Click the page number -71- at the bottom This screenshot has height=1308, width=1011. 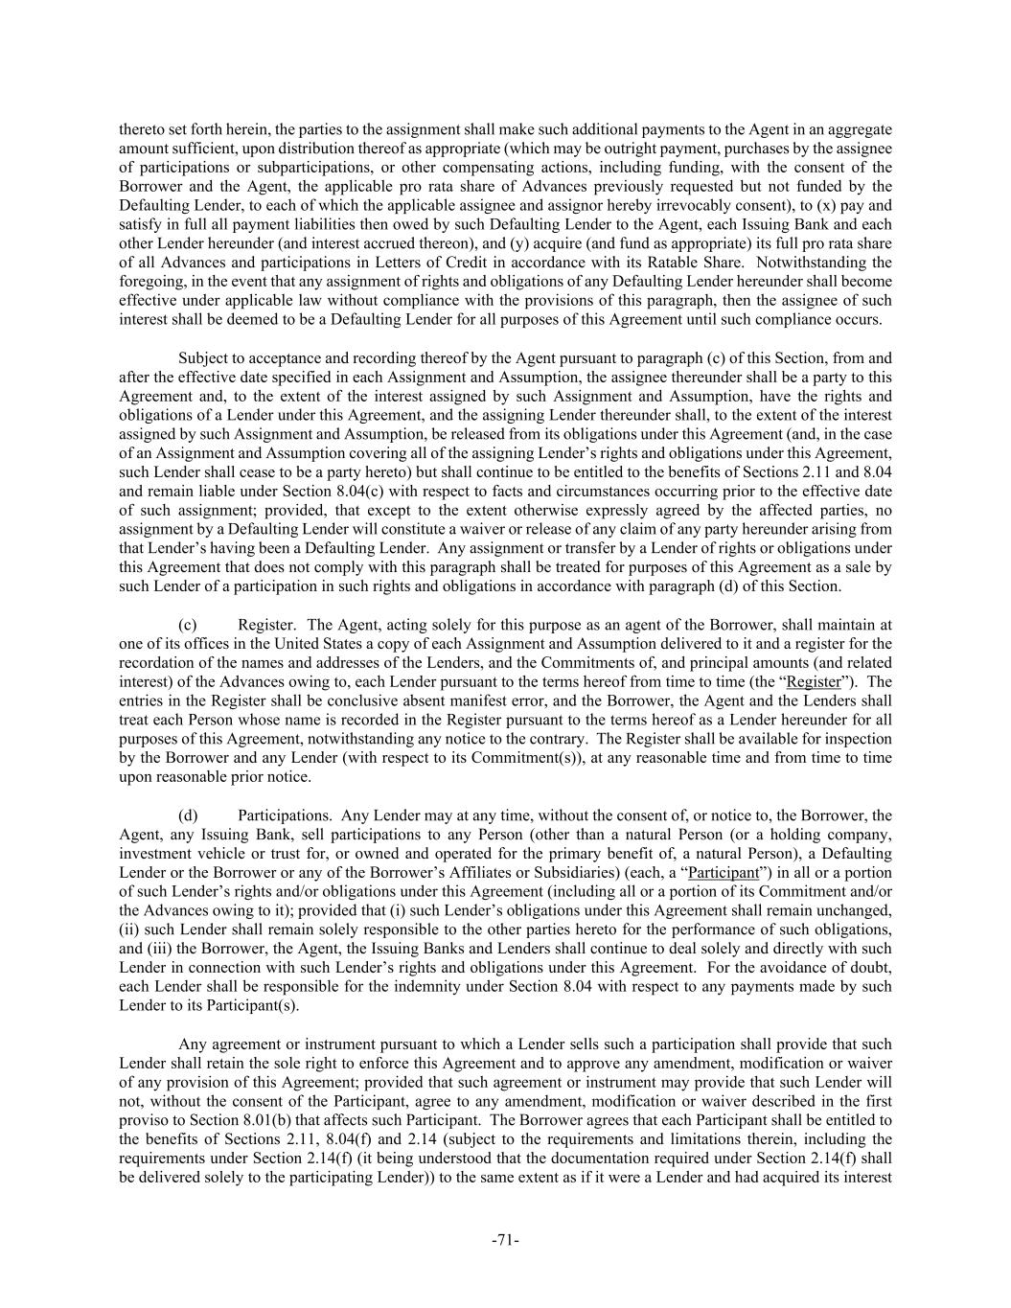(x=505, y=1240)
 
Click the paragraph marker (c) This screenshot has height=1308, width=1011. (x=189, y=625)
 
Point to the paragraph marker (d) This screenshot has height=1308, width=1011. (x=189, y=815)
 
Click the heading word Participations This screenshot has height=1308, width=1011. (x=285, y=815)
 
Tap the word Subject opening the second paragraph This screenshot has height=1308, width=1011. (x=204, y=357)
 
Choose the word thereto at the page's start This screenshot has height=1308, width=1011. (x=140, y=128)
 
